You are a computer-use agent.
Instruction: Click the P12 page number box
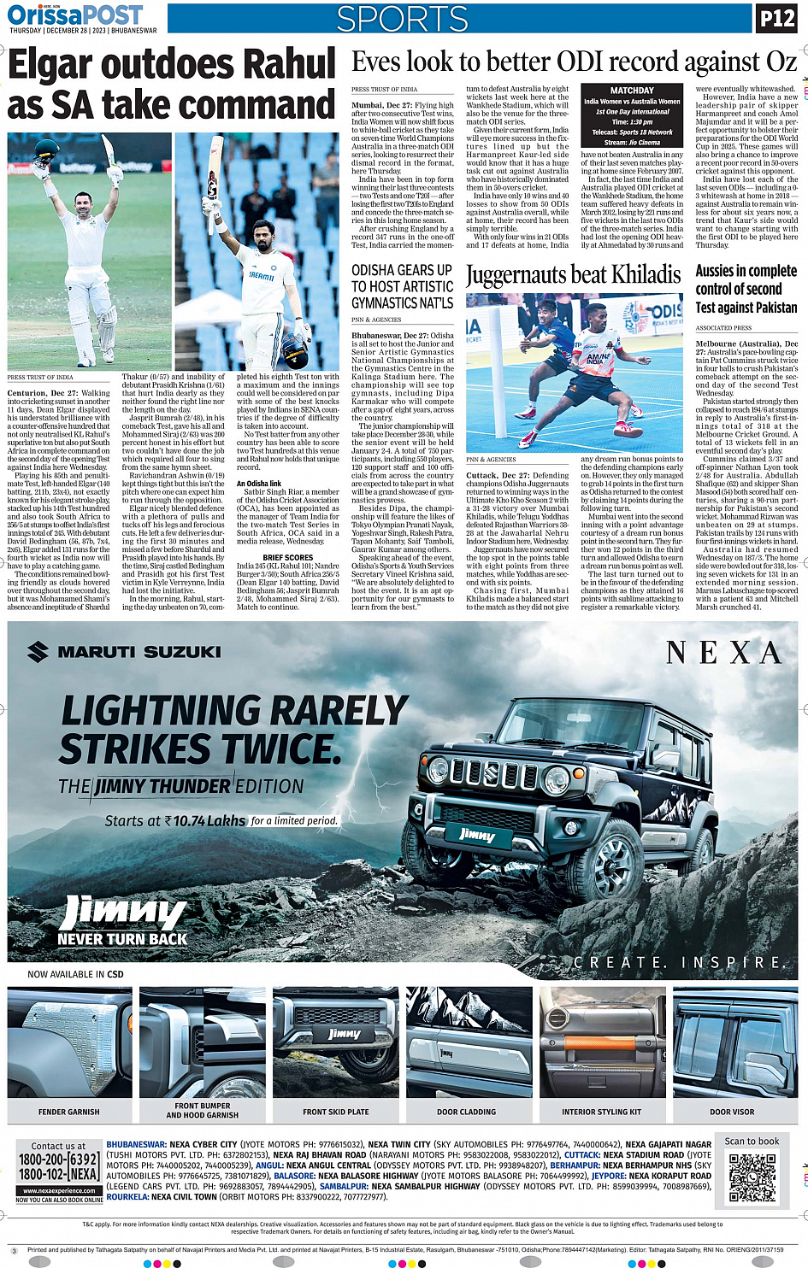[x=776, y=18]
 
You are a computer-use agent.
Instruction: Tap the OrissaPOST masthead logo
[x=75, y=15]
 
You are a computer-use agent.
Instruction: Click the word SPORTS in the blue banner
[x=402, y=19]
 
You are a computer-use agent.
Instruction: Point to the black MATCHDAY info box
[x=632, y=116]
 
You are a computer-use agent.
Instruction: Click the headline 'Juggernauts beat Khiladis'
[x=573, y=275]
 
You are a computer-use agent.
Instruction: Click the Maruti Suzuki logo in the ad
[x=124, y=652]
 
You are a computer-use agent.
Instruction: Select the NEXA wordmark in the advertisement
[x=723, y=654]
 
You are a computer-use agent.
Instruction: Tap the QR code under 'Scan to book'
[x=752, y=1177]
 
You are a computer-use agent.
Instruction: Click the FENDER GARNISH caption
[x=68, y=1112]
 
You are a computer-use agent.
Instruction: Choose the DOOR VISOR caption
[x=732, y=1112]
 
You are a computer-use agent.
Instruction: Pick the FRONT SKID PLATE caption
[x=335, y=1112]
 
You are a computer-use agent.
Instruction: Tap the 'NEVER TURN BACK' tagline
[x=122, y=939]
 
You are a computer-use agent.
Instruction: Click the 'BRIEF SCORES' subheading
[x=288, y=557]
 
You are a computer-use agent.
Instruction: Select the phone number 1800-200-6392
[x=58, y=1159]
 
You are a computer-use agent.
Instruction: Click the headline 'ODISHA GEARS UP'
[x=402, y=270]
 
